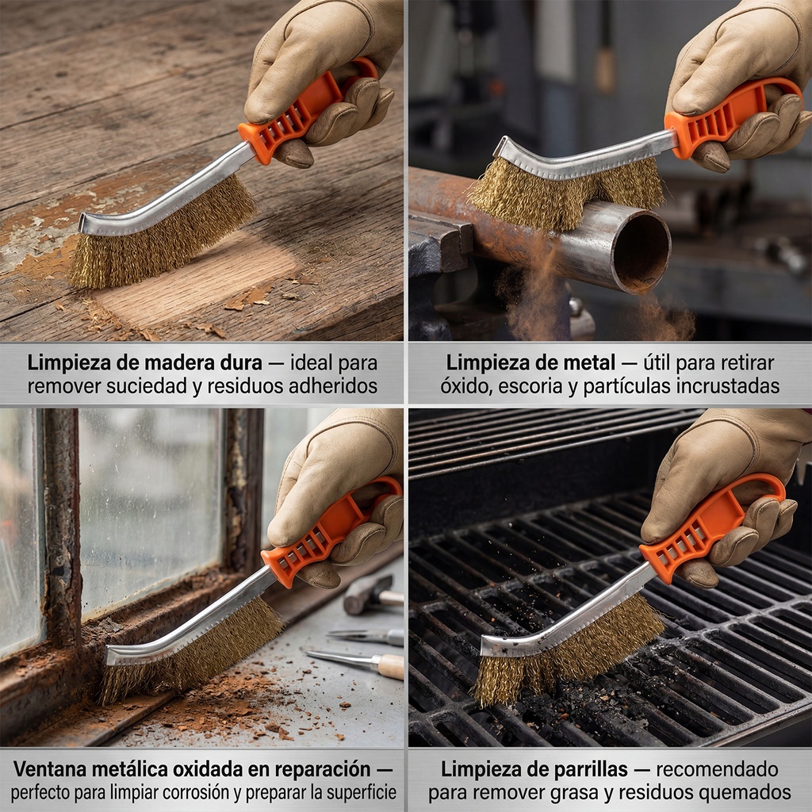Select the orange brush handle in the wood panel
tap(305, 111)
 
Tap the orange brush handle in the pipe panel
tap(730, 117)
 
